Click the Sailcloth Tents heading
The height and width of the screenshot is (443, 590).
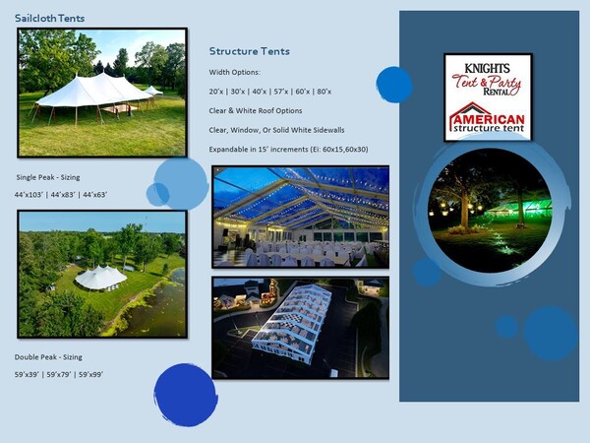[x=50, y=18]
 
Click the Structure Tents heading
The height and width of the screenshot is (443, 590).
[x=250, y=51]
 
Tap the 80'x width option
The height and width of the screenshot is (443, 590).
[x=324, y=92]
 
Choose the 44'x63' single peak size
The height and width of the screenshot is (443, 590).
[x=95, y=195]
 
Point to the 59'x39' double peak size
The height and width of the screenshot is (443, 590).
[x=27, y=374]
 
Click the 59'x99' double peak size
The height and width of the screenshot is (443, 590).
[x=91, y=374]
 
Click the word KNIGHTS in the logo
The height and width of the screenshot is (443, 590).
[x=488, y=68]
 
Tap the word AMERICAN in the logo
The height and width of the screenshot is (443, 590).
[x=489, y=120]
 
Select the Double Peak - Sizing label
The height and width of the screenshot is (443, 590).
[x=48, y=357]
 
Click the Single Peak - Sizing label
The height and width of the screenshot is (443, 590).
[x=48, y=177]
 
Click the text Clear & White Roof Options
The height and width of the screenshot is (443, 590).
[x=256, y=110]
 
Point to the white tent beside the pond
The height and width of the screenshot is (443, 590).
[x=100, y=278]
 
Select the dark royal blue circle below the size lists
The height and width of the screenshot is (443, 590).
[x=186, y=395]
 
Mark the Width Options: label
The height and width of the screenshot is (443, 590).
[x=234, y=72]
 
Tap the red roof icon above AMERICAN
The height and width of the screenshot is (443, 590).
[x=469, y=110]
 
